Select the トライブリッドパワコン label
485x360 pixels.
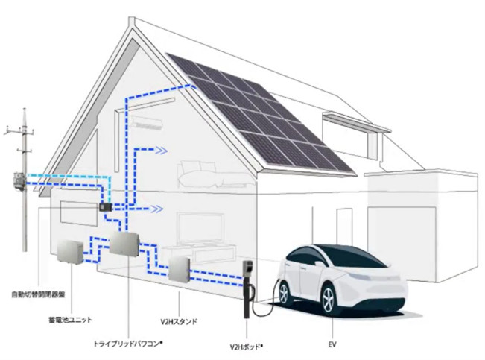[x=127, y=344]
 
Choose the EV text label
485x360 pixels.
[x=332, y=346]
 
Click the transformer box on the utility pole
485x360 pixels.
[x=16, y=182]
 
